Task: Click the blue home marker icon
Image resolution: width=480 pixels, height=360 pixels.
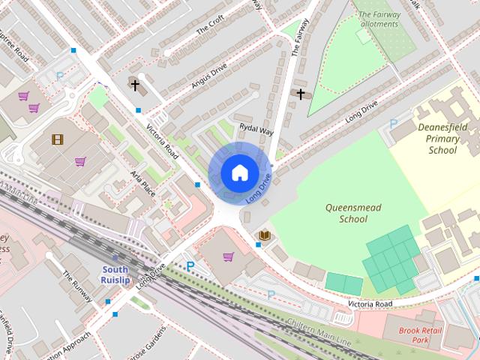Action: click(239, 173)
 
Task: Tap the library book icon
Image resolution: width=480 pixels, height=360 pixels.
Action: click(264, 235)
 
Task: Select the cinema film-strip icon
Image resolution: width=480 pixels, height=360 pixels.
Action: click(58, 139)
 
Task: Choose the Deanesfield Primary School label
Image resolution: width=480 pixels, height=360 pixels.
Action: click(442, 139)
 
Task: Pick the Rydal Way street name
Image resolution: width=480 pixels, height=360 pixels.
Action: click(256, 130)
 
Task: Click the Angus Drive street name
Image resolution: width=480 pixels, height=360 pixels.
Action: click(208, 76)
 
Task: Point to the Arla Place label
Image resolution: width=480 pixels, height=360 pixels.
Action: click(142, 183)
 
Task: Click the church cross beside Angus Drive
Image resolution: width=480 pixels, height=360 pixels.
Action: click(135, 85)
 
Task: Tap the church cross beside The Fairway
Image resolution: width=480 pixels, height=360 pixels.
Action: click(301, 94)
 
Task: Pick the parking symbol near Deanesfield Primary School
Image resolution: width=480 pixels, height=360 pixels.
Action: click(393, 124)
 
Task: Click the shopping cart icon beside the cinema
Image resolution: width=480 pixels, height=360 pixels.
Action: click(80, 161)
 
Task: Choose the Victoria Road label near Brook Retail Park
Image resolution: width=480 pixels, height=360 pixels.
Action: click(369, 304)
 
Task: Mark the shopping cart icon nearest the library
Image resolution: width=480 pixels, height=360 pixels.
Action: click(228, 256)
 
